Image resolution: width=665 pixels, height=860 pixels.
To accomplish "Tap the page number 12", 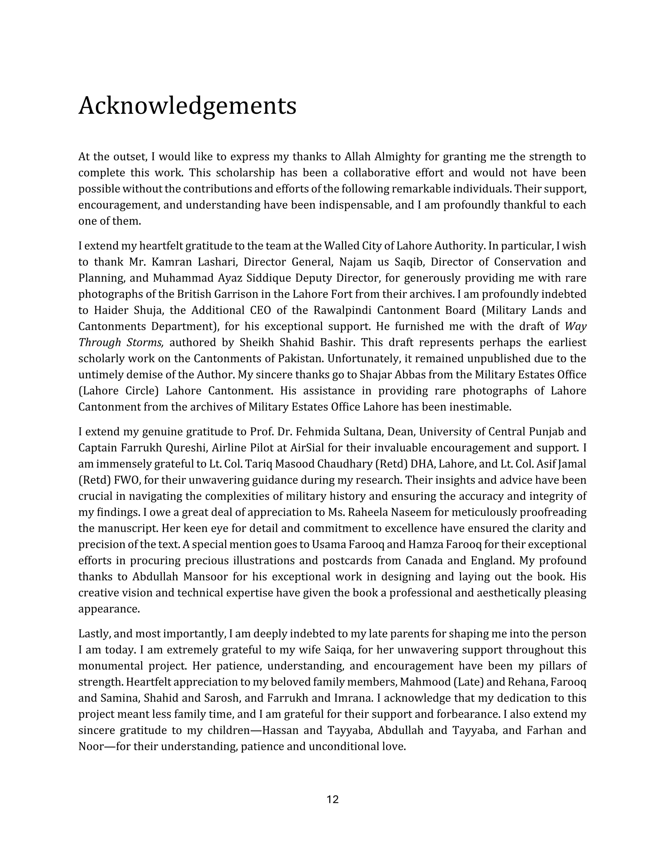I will [332, 800].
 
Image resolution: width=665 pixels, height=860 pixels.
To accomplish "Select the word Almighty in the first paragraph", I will [397, 157].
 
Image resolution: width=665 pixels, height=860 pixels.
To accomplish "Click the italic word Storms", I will [145, 343].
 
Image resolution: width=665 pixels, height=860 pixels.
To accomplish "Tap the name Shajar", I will [377, 375].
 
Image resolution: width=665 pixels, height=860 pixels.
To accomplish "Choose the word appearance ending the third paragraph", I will [109, 609].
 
